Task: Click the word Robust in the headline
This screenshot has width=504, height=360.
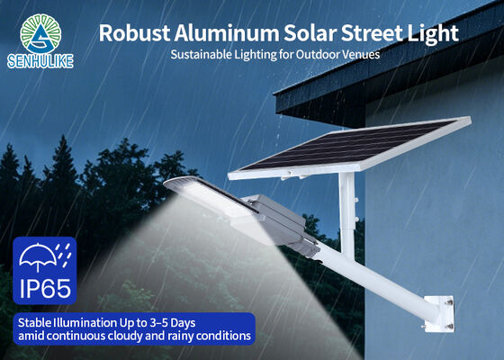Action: pyautogui.click(x=134, y=33)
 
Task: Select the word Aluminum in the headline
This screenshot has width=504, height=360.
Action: pyautogui.click(x=226, y=33)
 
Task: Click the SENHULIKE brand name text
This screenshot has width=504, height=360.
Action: pyautogui.click(x=40, y=61)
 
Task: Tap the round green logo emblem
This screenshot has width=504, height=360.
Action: pyautogui.click(x=40, y=33)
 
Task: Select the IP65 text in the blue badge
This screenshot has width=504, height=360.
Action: pyautogui.click(x=45, y=288)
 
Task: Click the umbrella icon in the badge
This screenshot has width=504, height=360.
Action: pyautogui.click(x=38, y=256)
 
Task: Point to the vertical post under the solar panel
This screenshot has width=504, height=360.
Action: pyautogui.click(x=346, y=214)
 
